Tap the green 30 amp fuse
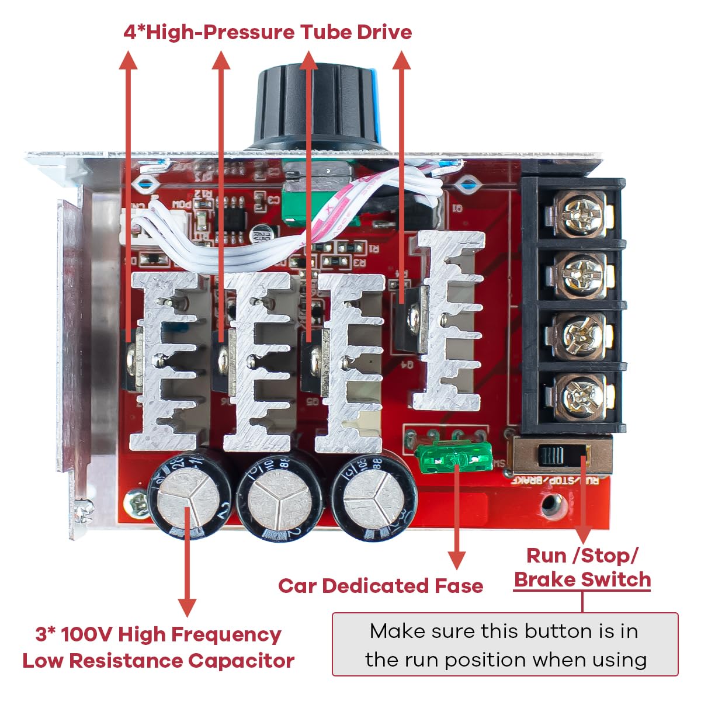pyautogui.click(x=454, y=459)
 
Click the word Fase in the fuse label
pyautogui.click(x=459, y=586)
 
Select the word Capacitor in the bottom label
pyautogui.click(x=241, y=661)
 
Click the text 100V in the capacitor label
pyautogui.click(x=86, y=634)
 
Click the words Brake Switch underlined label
pyautogui.click(x=582, y=579)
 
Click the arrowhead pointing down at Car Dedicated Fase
pyautogui.click(x=456, y=560)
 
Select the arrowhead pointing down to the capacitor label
pyautogui.click(x=186, y=606)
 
